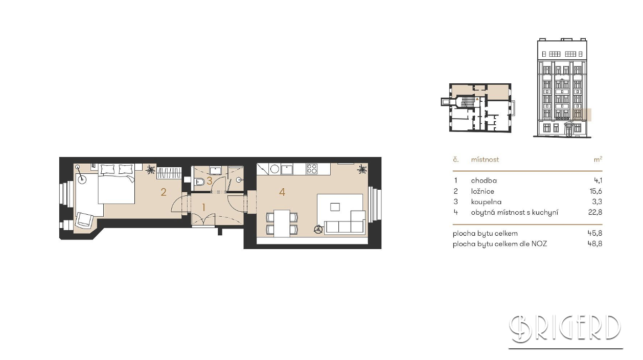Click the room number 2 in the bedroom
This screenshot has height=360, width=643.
164,192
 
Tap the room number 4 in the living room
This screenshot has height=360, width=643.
282,192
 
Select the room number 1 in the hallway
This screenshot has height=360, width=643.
204,207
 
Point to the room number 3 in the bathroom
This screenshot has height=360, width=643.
209,181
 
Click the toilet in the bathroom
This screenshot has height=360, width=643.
199,182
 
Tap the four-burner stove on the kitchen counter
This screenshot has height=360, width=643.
312,169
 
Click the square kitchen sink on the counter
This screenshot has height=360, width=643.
287,169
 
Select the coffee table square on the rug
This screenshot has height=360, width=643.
335,207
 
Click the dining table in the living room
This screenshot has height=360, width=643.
282,223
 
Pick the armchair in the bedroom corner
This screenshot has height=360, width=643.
84,220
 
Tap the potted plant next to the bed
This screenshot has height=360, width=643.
150,169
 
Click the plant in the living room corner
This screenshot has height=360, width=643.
362,169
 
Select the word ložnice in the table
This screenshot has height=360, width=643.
483,191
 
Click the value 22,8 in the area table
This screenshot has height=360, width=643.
595,212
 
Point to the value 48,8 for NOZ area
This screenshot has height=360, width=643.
595,244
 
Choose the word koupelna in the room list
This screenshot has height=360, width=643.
486,202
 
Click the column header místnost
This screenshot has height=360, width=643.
485,160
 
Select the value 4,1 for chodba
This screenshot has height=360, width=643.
598,181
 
